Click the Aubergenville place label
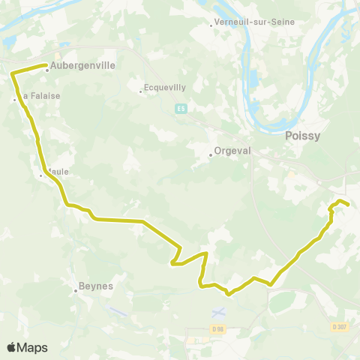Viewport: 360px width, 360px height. (84, 65)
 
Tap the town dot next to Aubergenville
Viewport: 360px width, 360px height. (47, 70)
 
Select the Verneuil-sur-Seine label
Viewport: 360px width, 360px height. (254, 22)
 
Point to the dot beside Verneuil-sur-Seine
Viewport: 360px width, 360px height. (211, 23)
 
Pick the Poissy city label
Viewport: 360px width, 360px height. (302, 136)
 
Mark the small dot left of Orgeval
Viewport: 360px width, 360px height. (211, 155)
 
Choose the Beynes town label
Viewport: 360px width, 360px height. (95, 286)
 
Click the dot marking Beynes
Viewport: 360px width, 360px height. (76, 291)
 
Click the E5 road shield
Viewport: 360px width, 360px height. (181, 109)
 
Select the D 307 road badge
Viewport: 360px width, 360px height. (340, 326)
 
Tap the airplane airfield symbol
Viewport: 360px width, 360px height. (218, 310)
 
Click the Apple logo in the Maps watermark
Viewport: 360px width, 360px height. (11, 347)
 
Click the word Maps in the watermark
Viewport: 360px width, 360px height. (33, 347)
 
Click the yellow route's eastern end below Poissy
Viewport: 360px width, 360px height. (348, 204)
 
